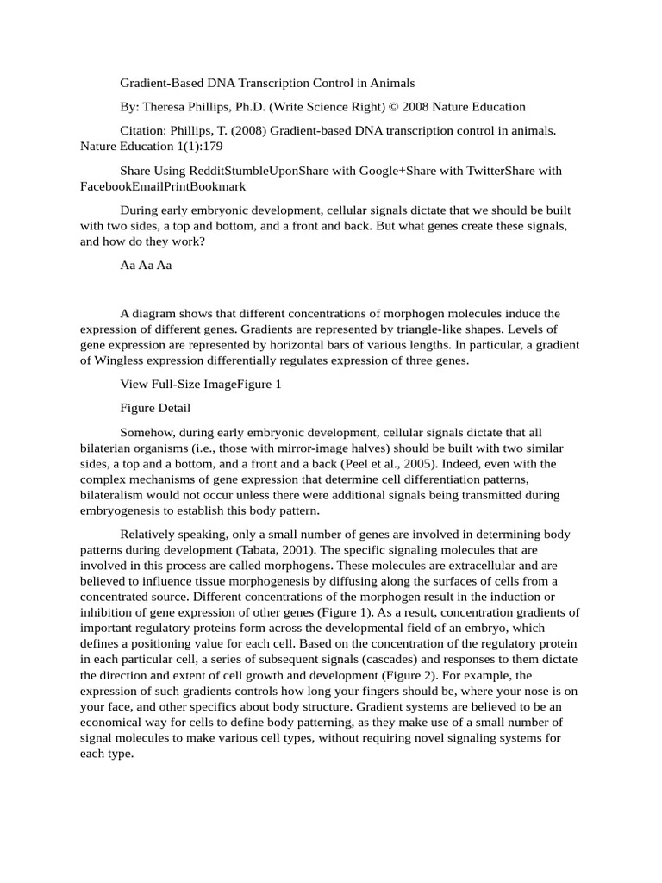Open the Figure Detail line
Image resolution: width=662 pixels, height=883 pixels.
155,408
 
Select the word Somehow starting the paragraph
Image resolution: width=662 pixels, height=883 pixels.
147,432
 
